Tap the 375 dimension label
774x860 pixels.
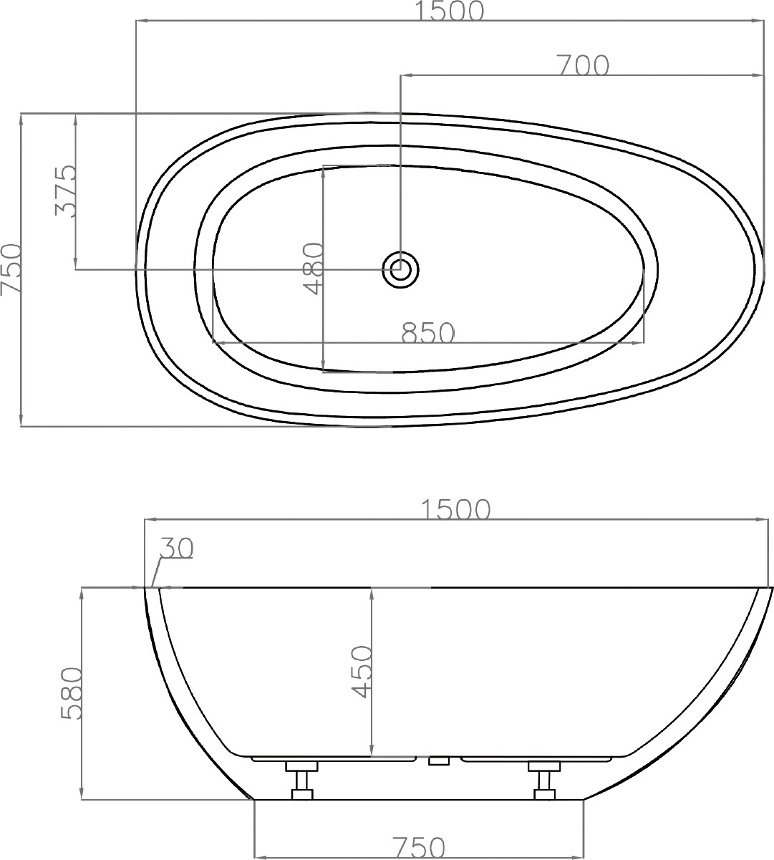click(x=66, y=190)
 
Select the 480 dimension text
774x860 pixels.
click(x=313, y=268)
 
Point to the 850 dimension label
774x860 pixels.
click(x=428, y=332)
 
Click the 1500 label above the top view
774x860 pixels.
click(x=450, y=11)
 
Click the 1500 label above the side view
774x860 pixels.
click(x=455, y=510)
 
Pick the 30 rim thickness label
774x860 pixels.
click(x=177, y=548)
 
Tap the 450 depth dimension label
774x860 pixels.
click(x=361, y=672)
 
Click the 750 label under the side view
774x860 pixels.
click(x=419, y=848)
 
